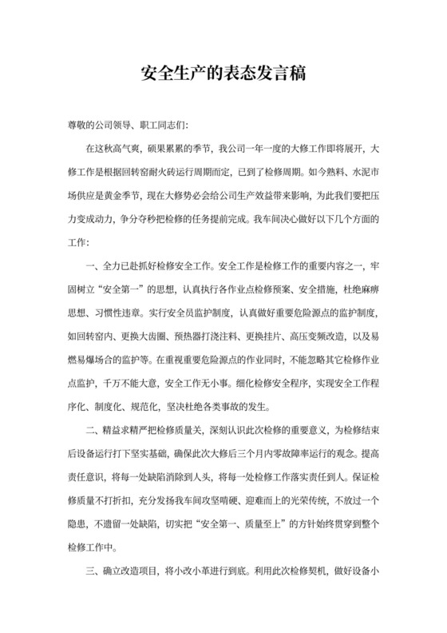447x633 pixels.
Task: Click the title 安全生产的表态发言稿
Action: (x=223, y=74)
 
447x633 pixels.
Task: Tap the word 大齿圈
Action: (x=178, y=332)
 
